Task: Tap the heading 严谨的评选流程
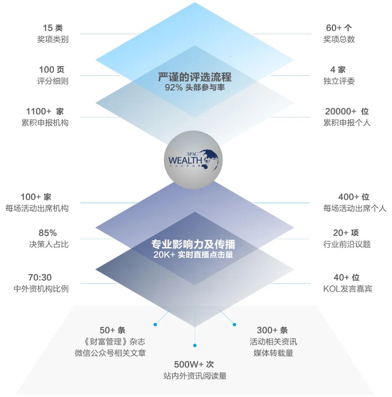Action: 195,77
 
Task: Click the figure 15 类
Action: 53,28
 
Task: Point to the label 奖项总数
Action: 339,39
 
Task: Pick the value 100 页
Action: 52,69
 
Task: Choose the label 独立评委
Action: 339,81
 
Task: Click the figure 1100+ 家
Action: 45,111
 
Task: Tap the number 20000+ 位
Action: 347,111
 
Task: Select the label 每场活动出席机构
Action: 37,208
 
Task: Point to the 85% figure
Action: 48,233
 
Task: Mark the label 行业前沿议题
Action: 347,244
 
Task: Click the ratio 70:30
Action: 40,278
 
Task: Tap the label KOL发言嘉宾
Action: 347,289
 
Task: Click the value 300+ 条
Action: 272,330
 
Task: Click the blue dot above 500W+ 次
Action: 195,345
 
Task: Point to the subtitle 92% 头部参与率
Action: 195,88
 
